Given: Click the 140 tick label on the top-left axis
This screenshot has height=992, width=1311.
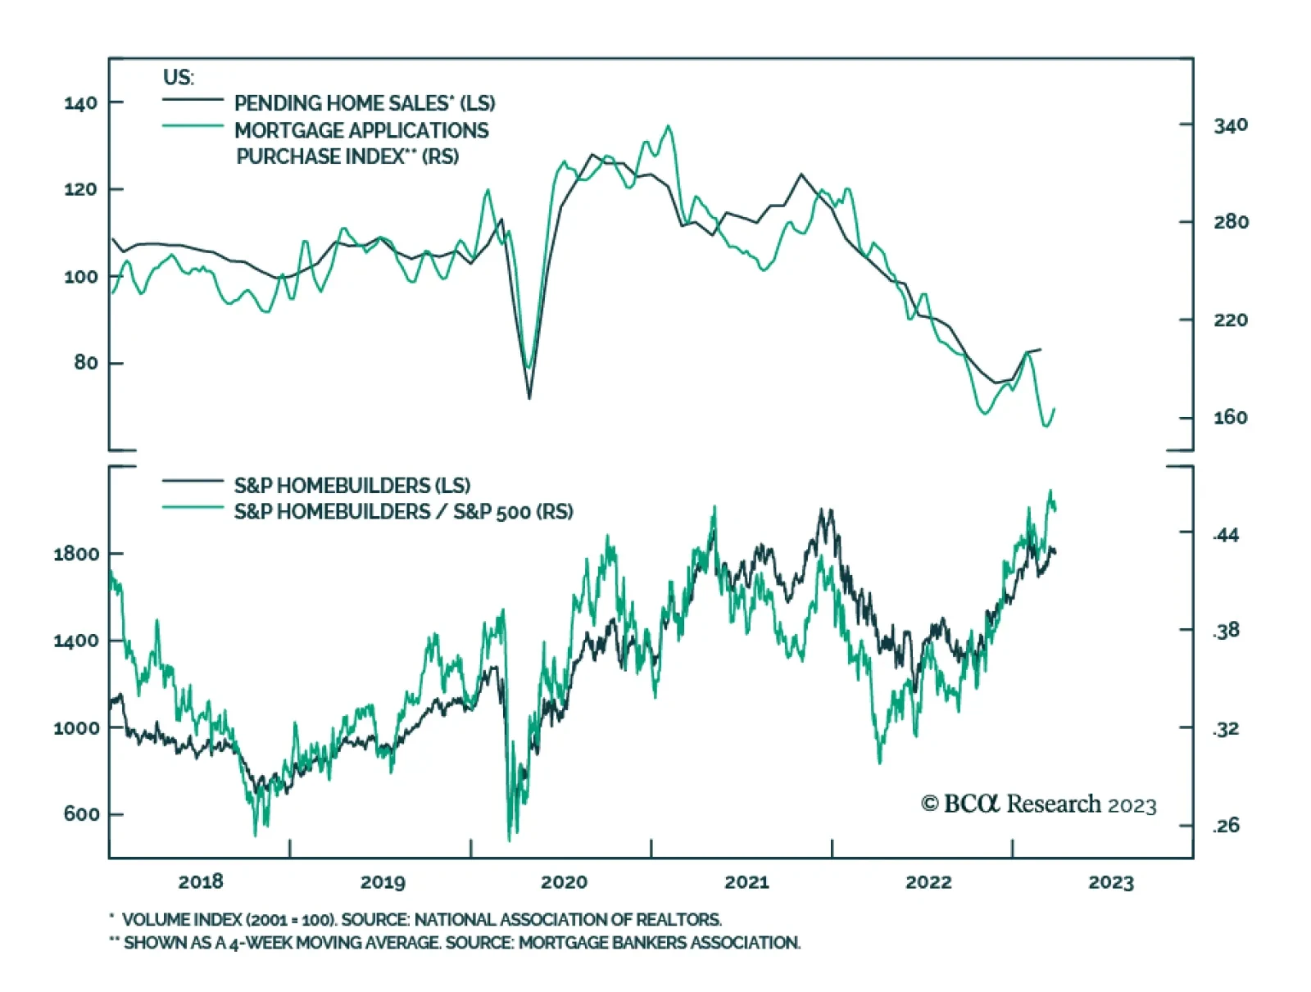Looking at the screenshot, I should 80,103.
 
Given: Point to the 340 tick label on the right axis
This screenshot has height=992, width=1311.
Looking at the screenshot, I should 1231,125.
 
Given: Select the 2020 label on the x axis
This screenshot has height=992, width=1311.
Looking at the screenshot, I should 564,882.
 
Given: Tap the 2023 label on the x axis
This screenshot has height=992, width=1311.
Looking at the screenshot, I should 1110,882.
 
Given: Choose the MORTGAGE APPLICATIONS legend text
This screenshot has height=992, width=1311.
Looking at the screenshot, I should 361,130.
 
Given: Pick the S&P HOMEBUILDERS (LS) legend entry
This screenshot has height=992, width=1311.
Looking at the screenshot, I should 352,485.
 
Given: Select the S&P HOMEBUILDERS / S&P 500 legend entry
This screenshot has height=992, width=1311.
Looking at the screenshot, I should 403,512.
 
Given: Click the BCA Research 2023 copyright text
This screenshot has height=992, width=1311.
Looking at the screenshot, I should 1038,804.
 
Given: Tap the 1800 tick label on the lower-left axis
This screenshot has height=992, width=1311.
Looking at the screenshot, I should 76,554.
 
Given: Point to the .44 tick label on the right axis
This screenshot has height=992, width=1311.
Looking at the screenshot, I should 1226,536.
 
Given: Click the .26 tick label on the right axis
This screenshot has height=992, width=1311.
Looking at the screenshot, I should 1226,826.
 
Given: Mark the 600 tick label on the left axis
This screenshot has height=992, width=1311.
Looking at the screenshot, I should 81,814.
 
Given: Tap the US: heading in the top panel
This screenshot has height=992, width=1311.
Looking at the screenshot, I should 179,78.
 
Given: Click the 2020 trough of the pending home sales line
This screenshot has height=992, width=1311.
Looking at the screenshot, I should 529,398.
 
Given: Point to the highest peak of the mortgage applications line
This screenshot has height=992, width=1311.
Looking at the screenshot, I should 669,126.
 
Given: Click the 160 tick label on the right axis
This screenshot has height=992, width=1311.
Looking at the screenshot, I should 1231,418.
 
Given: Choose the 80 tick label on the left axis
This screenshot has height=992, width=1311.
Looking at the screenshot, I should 85,363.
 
